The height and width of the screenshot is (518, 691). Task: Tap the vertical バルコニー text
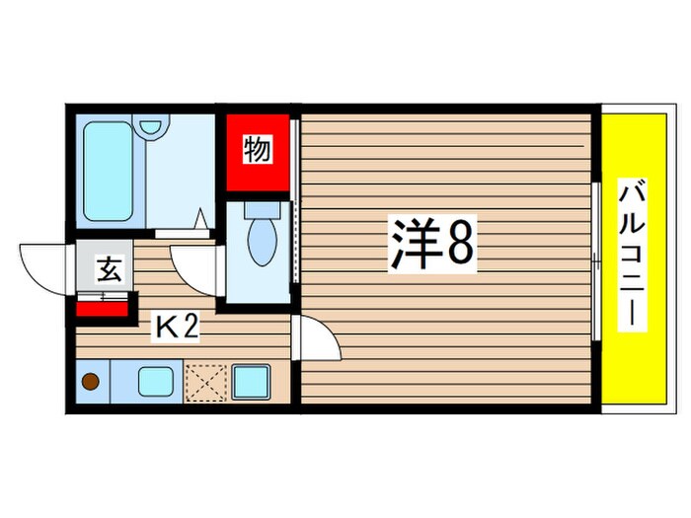click(x=627, y=258)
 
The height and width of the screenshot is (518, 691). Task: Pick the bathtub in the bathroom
click(x=108, y=170)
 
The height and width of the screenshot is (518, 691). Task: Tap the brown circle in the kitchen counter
click(x=91, y=381)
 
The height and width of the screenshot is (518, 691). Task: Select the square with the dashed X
click(x=204, y=382)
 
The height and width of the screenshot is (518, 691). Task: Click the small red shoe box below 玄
click(x=102, y=310)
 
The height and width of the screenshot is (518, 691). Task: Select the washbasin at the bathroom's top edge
click(x=151, y=127)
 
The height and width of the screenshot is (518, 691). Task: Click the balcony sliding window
click(x=596, y=260)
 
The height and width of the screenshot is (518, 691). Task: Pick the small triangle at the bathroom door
click(x=201, y=219)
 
